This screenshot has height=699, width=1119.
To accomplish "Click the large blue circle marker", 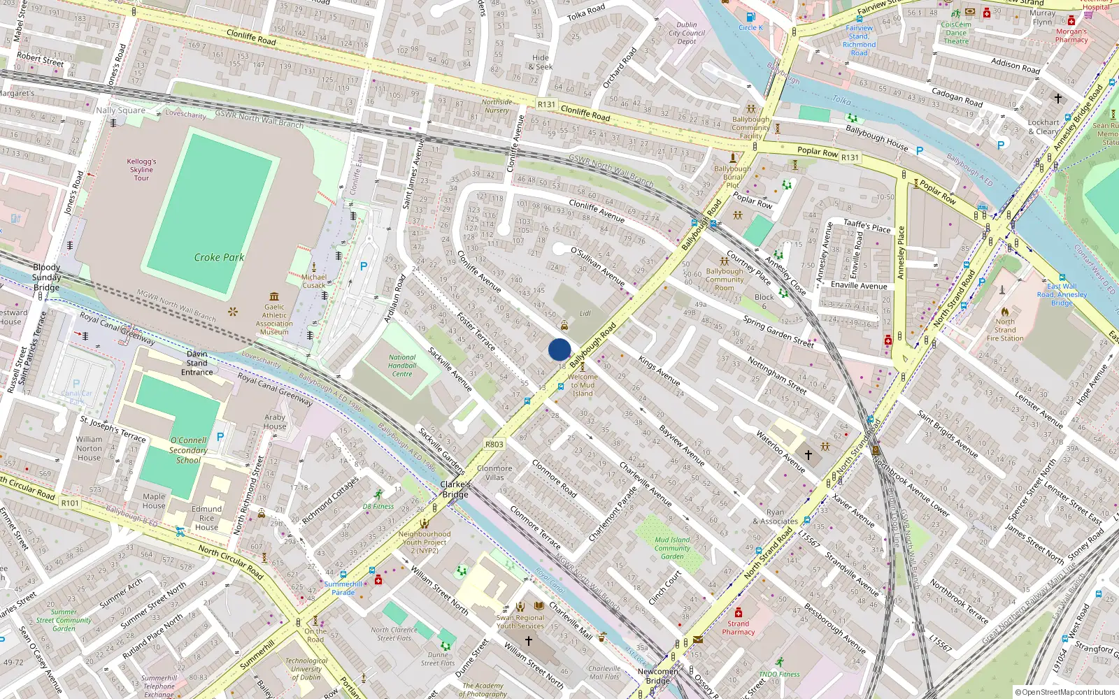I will [x=559, y=349].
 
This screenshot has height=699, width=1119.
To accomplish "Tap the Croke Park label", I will [x=219, y=257].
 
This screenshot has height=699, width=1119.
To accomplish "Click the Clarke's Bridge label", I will [x=455, y=489].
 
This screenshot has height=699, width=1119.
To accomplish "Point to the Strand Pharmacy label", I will [x=738, y=628].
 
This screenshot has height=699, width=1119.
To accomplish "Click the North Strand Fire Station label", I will [x=1005, y=330].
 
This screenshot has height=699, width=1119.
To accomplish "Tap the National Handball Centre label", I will [x=402, y=366].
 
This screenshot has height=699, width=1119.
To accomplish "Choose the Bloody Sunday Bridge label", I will [x=46, y=277].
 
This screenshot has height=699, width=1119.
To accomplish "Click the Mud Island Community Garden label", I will [x=672, y=548].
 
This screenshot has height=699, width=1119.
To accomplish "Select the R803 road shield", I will [x=494, y=445].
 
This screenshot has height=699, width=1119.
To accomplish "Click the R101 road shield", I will [x=70, y=503].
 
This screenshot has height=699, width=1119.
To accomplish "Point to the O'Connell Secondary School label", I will [x=188, y=450].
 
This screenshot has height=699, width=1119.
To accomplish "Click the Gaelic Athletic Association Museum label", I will [x=274, y=319].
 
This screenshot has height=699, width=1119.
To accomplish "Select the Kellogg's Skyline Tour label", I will [x=141, y=169].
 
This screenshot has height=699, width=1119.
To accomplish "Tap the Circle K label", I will [x=751, y=28].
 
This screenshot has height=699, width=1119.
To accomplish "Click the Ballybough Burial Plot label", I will [x=732, y=177].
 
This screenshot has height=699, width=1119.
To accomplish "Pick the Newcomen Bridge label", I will [x=657, y=676].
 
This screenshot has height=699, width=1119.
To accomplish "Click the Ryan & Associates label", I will [x=775, y=517].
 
